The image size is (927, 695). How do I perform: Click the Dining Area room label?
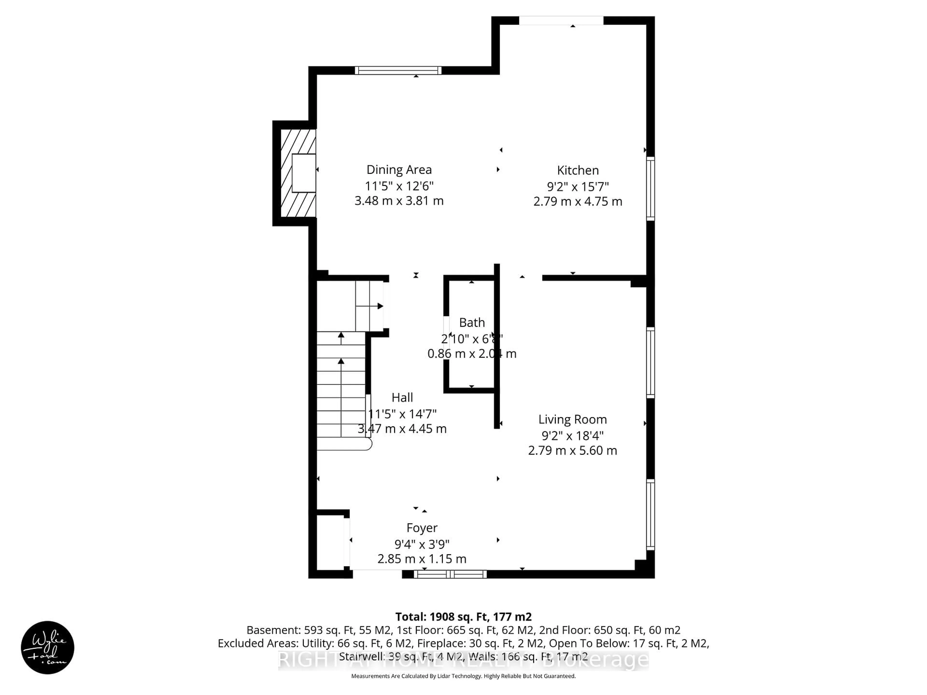(x=399, y=170)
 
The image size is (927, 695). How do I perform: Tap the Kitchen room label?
(x=577, y=171)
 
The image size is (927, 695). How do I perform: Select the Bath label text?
(x=472, y=323)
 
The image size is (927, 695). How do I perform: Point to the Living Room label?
(x=572, y=419)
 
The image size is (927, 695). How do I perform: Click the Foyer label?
(x=421, y=528)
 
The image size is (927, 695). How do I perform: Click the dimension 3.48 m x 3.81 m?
(x=399, y=201)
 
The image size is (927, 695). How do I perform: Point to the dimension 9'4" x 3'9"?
(x=421, y=544)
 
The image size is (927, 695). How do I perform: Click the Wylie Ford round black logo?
(x=47, y=647)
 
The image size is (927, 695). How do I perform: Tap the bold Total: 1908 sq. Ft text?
(x=463, y=617)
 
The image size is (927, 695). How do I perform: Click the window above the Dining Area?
(x=398, y=70)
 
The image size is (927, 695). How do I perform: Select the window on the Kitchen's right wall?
(x=650, y=188)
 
